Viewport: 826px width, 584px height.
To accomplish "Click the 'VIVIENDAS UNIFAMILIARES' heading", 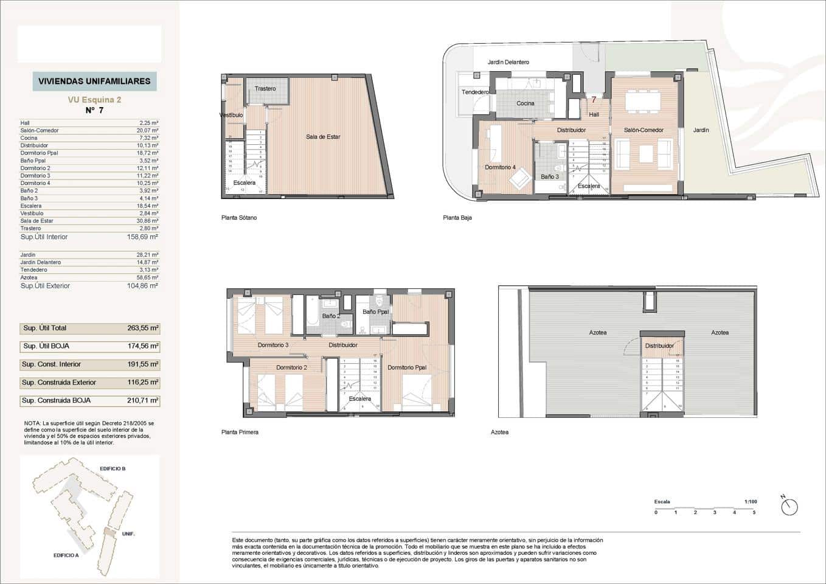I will click(94, 81).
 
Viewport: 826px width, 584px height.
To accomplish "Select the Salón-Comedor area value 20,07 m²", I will click(148, 130).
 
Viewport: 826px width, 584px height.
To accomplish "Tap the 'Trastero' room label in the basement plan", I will click(265, 89).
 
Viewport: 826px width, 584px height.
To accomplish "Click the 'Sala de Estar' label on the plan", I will click(323, 137).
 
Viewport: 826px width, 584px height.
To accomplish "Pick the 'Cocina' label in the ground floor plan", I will click(526, 103).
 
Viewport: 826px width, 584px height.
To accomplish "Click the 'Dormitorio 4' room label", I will click(500, 167).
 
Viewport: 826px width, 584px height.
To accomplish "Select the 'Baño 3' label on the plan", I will click(549, 177).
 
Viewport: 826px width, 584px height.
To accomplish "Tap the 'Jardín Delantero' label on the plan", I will click(508, 62).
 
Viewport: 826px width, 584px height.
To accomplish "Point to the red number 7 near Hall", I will click(594, 100).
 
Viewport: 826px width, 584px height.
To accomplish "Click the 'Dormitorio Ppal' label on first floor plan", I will click(407, 367).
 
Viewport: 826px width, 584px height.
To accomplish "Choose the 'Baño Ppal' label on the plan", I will click(375, 312).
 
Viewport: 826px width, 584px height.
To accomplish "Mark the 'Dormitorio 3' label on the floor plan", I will click(273, 345).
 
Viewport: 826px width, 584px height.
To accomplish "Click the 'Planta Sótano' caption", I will click(239, 218).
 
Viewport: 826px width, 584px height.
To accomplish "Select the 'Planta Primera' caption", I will click(240, 433).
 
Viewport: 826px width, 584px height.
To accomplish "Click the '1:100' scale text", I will click(751, 502).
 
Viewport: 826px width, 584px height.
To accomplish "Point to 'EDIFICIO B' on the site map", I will click(113, 469).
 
